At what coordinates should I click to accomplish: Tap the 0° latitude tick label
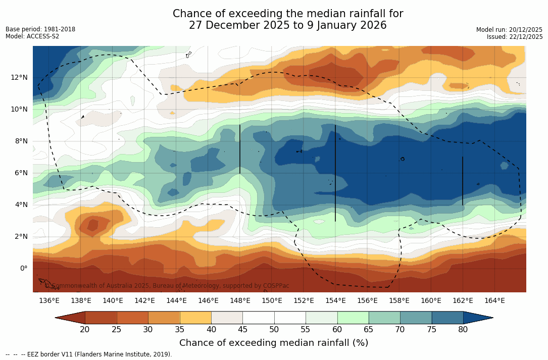pyautogui.click(x=23, y=268)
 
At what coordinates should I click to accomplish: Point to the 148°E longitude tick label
pyautogui.click(x=240, y=301)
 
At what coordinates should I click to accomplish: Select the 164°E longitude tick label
pyautogui.click(x=494, y=301)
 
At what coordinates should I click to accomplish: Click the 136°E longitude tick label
pyautogui.click(x=49, y=301)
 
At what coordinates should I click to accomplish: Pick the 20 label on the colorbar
pyautogui.click(x=85, y=330)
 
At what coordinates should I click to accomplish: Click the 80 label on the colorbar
pyautogui.click(x=463, y=330)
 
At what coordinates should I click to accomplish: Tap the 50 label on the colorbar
pyautogui.click(x=274, y=330)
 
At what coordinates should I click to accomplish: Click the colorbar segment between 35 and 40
pyautogui.click(x=195, y=318)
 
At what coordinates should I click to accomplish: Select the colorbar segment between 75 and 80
pyautogui.click(x=447, y=318)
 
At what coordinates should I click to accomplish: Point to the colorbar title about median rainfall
pyautogui.click(x=274, y=343)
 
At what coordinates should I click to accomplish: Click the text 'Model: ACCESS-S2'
pyautogui.click(x=32, y=36)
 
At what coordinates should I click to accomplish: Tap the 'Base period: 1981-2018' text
pyautogui.click(x=40, y=29)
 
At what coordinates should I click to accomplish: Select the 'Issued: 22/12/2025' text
pyautogui.click(x=515, y=37)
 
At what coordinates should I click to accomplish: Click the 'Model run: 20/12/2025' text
pyautogui.click(x=509, y=30)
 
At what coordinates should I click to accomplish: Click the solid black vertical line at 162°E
pyautogui.click(x=463, y=181)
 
